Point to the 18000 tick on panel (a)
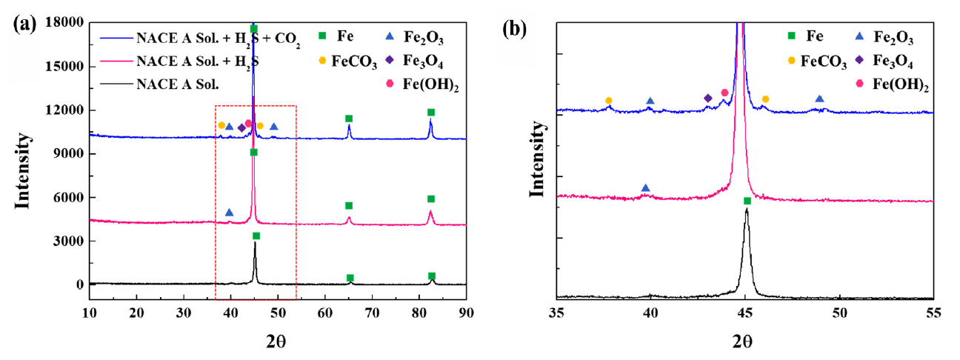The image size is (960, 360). click(62, 22)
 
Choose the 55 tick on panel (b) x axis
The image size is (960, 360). click(934, 315)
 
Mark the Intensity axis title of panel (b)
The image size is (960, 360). click(538, 164)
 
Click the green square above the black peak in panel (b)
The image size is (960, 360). click(747, 201)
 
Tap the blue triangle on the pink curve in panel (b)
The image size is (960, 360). click(645, 188)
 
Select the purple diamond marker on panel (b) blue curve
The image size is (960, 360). click(707, 98)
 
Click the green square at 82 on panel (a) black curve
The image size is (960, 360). click(432, 276)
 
